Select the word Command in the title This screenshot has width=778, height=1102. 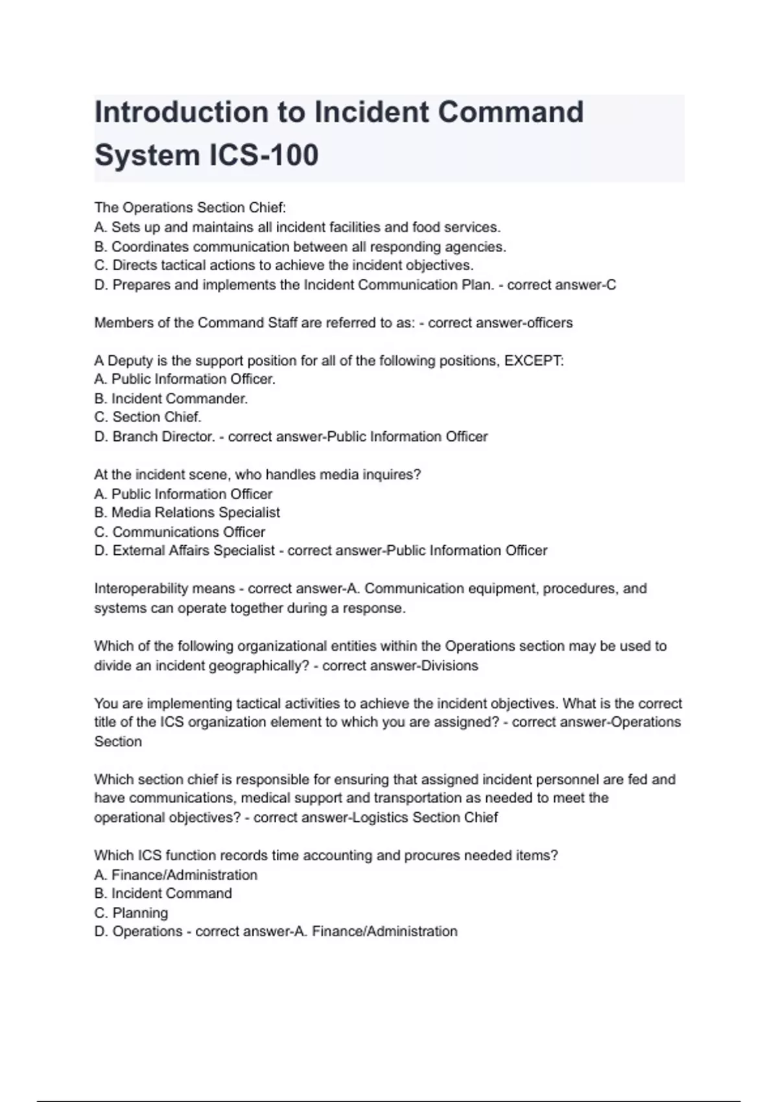pos(511,112)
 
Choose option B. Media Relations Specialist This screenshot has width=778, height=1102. pos(187,513)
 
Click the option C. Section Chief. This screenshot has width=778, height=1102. pos(148,417)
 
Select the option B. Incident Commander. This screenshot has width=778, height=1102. pos(171,399)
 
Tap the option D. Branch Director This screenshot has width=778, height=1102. pos(154,437)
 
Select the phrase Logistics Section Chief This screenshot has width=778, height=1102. pos(425,817)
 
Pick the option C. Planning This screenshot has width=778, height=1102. pos(131,913)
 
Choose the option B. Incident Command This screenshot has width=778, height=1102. pos(163,893)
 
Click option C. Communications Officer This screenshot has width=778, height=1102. pos(180,532)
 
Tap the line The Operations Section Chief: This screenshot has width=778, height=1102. pos(190,207)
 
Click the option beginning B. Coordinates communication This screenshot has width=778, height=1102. pos(300,247)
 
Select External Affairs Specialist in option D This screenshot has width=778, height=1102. pos(194,551)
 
